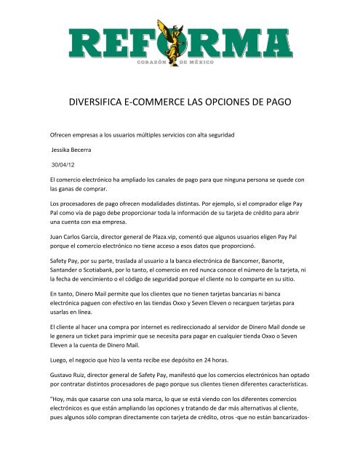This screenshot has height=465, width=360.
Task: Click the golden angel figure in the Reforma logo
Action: pos(180,39)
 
